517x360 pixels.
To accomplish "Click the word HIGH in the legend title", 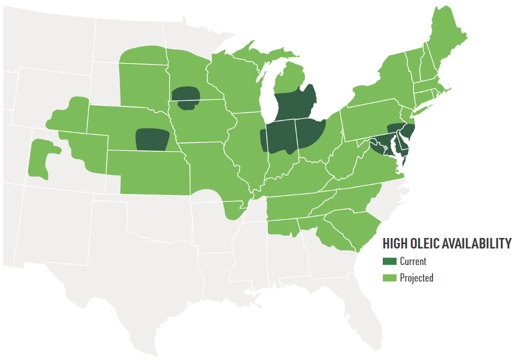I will point(396,243).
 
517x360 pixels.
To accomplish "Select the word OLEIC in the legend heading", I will point(428,243).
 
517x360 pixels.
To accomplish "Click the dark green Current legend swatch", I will point(389,262).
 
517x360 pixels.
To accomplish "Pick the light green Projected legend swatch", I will point(389,278).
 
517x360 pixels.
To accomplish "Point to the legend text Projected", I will point(416,278).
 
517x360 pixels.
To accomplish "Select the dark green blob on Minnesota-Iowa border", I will point(185,97).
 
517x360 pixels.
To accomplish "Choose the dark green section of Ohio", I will point(309,133).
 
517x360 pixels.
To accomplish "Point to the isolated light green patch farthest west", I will point(41,157).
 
